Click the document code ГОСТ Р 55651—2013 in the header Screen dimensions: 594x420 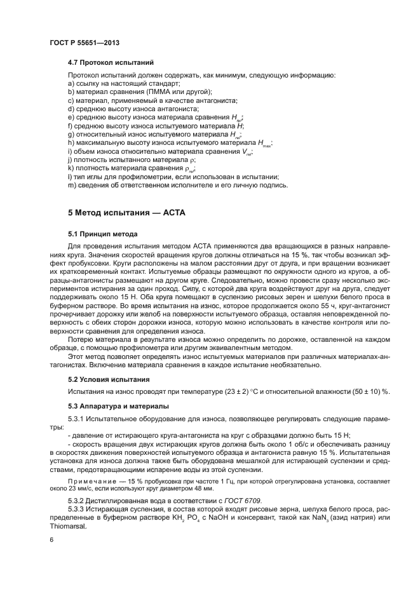85,41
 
